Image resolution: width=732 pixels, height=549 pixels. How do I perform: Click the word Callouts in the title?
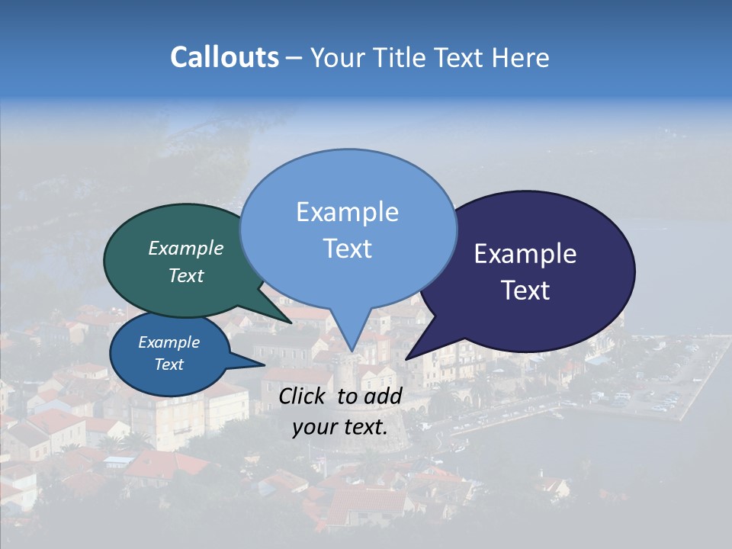pos(224,57)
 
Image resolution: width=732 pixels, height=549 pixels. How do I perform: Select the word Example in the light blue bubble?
pos(347,212)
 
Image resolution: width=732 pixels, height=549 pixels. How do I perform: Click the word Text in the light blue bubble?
pos(347,249)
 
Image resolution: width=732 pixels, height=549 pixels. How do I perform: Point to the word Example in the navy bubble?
pos(525,254)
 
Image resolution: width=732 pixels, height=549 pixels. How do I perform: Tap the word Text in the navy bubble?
pos(526,291)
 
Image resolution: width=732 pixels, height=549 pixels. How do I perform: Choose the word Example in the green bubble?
pos(185,249)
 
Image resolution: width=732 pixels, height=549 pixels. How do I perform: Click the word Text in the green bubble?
pos(185,276)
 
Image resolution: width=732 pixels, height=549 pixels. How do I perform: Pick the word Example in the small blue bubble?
pos(169,342)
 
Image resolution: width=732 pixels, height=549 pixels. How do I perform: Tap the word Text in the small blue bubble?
pos(169,364)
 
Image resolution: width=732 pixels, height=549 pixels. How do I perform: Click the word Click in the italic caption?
pos(303,396)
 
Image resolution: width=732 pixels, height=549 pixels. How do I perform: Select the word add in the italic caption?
pos(384,396)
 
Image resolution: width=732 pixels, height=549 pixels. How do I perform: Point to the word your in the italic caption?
pos(313,428)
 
